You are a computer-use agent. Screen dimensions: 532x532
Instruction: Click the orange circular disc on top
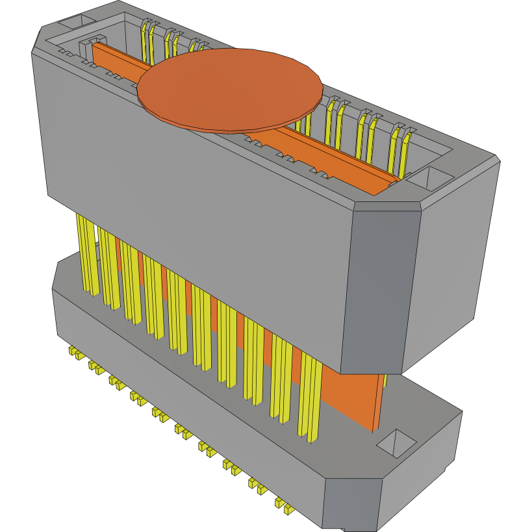pos(231,89)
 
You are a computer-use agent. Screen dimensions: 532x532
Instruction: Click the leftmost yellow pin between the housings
pos(86,253)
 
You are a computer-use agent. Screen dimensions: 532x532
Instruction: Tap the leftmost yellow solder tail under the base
pos(73,353)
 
